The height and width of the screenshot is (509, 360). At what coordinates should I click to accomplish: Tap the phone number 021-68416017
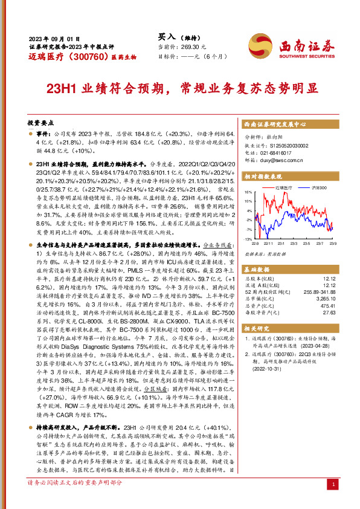tap(277, 153)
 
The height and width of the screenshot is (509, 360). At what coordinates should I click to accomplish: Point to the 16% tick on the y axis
tap(248, 193)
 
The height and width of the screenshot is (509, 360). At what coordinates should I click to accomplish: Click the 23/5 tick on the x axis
tap(306, 243)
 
